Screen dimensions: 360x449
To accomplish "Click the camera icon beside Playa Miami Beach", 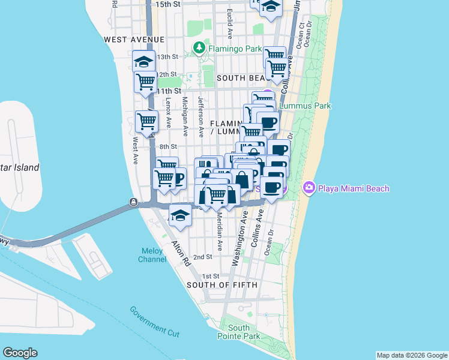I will coord(309,188).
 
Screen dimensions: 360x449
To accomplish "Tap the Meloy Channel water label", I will coord(152,255).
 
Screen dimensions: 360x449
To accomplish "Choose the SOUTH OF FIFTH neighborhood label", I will coord(222,285).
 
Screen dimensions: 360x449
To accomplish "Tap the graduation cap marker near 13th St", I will coord(144,61).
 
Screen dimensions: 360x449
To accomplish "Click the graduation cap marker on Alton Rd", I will coord(180,215).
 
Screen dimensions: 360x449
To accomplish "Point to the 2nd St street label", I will coord(203,257).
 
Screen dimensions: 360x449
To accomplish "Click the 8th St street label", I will coord(168,146).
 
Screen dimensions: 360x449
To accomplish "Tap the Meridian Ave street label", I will coord(220,232).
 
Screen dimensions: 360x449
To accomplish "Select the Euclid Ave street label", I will coord(230,22).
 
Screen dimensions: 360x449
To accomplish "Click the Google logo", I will coord(20,353).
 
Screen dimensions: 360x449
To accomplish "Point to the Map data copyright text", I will coord(411,356).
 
